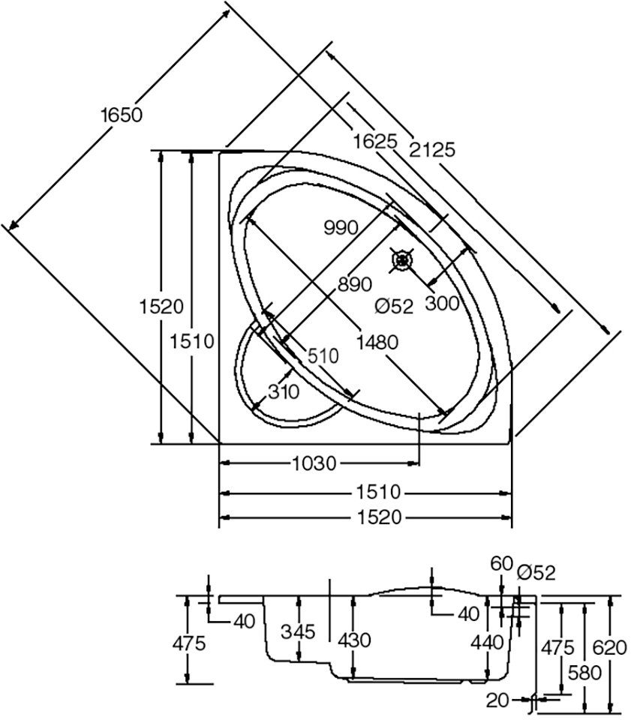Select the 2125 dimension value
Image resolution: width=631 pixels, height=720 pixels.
pyautogui.click(x=432, y=149)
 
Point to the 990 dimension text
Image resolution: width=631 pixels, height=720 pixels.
pyautogui.click(x=341, y=227)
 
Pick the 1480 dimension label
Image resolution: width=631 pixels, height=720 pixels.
pyautogui.click(x=376, y=342)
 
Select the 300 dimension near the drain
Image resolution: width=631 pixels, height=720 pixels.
pyautogui.click(x=441, y=302)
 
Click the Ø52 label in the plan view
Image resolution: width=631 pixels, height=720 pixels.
pyautogui.click(x=394, y=306)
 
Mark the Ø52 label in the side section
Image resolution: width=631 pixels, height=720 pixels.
pyautogui.click(x=536, y=573)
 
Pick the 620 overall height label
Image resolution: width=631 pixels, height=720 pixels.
pyautogui.click(x=609, y=646)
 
